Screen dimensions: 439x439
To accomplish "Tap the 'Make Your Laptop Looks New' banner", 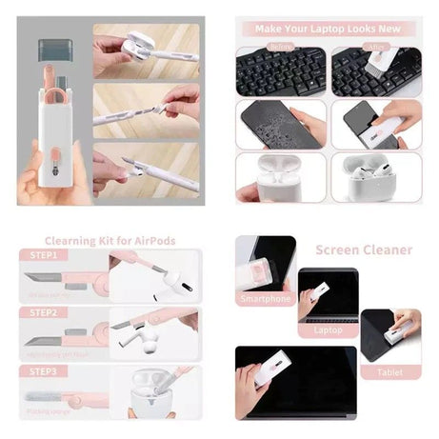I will [x=326, y=29].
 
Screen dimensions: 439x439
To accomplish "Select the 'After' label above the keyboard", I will [x=375, y=47].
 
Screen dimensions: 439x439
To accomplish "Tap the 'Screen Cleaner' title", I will [x=364, y=250].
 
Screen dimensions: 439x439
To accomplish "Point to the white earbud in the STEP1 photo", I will [x=177, y=277].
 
